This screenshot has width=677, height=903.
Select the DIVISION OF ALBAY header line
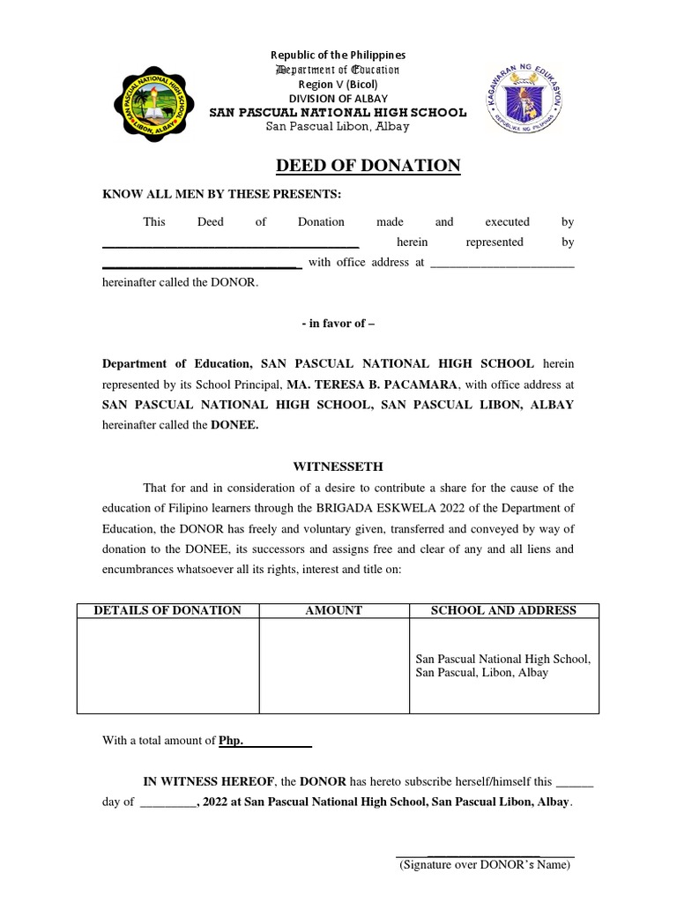point(338,98)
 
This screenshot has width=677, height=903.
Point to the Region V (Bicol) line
point(338,84)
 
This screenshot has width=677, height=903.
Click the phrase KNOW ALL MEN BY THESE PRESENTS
point(221,194)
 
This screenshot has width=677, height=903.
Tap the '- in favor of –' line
point(338,324)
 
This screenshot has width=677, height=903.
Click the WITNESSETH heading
point(338,466)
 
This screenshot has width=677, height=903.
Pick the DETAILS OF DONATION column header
point(167,610)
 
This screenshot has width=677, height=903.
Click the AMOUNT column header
point(333,610)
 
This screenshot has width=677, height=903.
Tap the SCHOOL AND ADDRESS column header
point(503,610)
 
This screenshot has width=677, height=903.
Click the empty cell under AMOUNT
point(333,666)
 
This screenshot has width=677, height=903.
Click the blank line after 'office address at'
point(502,263)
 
